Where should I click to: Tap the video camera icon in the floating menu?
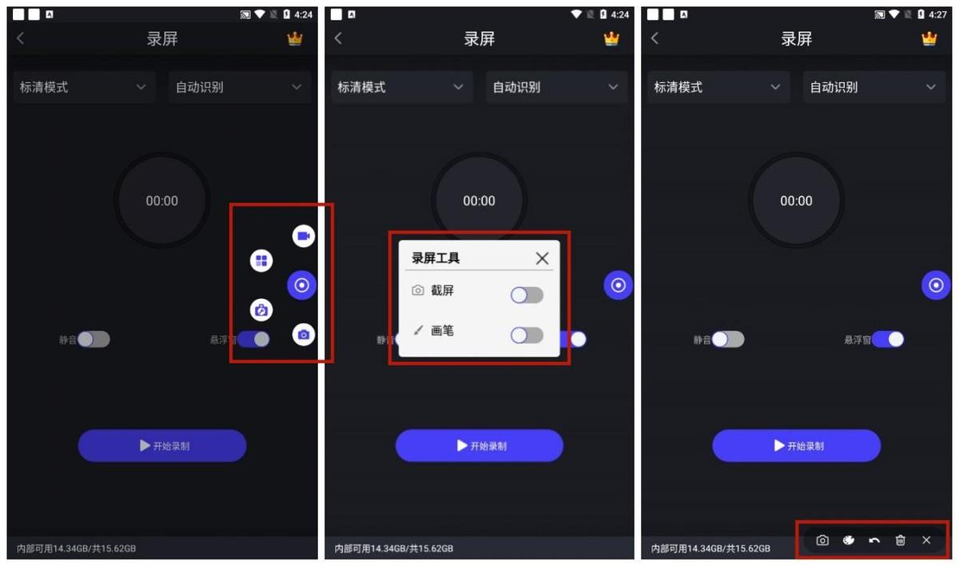pyautogui.click(x=304, y=236)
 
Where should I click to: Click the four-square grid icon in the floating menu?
pyautogui.click(x=261, y=261)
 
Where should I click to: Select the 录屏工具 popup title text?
pyautogui.click(x=436, y=258)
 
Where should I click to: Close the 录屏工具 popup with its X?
pyautogui.click(x=542, y=258)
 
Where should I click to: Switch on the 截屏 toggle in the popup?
pyautogui.click(x=527, y=296)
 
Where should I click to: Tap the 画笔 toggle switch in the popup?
pyautogui.click(x=527, y=335)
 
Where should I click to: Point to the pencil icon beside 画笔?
pyautogui.click(x=418, y=330)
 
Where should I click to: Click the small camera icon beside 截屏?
pyautogui.click(x=417, y=291)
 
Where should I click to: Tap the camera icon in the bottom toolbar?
pyautogui.click(x=822, y=540)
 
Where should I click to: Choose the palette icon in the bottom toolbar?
pyautogui.click(x=849, y=540)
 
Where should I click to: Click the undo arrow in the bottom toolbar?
pyautogui.click(x=874, y=540)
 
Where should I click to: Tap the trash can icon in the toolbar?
pyautogui.click(x=901, y=540)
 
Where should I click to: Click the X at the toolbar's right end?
pyautogui.click(x=926, y=540)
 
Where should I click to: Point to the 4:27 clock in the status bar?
pyautogui.click(x=937, y=14)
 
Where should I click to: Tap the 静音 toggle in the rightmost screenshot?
pyautogui.click(x=728, y=339)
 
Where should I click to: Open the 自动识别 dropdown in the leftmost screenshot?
pyautogui.click(x=239, y=87)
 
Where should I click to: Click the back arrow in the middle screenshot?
pyautogui.click(x=338, y=38)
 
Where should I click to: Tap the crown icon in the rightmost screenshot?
pyautogui.click(x=929, y=38)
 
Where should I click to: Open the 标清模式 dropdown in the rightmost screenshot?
pyautogui.click(x=717, y=87)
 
